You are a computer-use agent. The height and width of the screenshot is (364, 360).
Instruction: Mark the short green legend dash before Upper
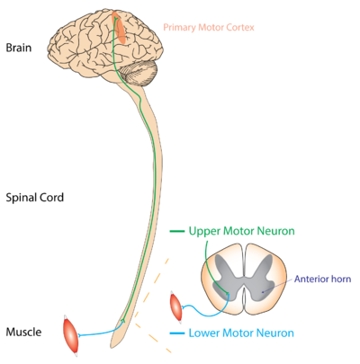(177, 231)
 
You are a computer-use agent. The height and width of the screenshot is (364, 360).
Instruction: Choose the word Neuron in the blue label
(275, 333)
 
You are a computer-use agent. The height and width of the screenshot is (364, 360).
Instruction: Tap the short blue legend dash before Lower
(176, 333)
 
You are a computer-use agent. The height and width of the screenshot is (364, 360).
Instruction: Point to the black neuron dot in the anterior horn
(263, 292)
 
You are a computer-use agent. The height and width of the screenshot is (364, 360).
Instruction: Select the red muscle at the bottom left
(69, 334)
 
